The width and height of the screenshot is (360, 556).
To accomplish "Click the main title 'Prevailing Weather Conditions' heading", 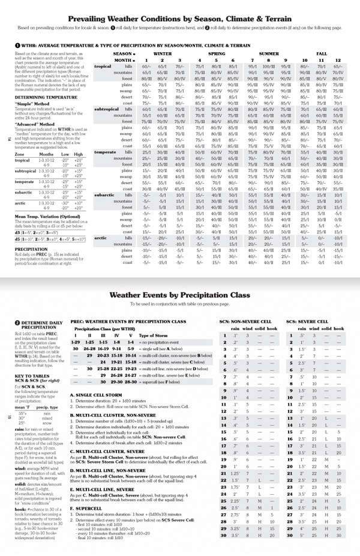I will point(180,19).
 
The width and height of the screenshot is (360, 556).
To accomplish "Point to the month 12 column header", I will point(338,60).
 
